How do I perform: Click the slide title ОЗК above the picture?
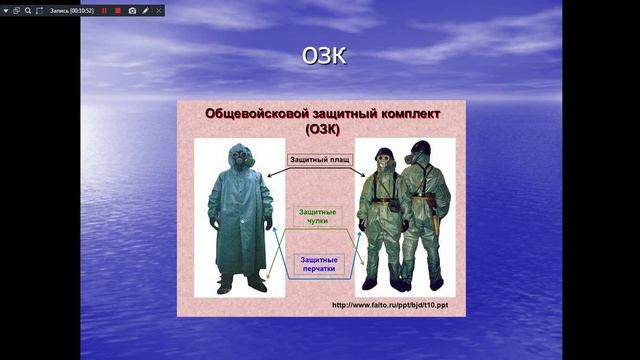click(x=323, y=57)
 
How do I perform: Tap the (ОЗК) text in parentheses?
click(x=322, y=129)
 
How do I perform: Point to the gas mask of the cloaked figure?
click(x=240, y=157)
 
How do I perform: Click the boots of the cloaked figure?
click(x=241, y=283)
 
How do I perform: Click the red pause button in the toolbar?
click(x=104, y=10)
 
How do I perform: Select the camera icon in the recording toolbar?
click(x=132, y=10)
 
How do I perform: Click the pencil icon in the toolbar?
click(x=146, y=10)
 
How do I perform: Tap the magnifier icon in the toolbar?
click(x=28, y=10)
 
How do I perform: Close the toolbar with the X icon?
click(x=159, y=10)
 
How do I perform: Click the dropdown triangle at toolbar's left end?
click(x=5, y=10)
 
